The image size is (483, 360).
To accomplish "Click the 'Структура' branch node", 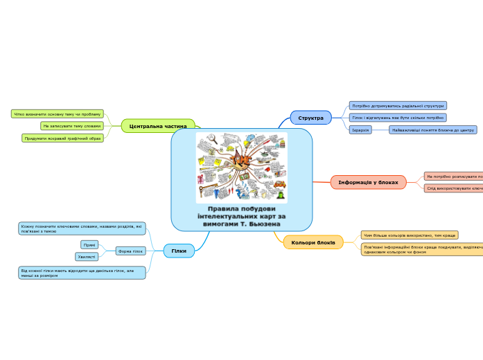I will point(310,118).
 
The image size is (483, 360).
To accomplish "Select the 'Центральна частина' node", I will point(158,126).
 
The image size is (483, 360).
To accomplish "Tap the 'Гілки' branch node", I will point(179,251).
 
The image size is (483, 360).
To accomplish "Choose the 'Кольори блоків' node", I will point(313,242).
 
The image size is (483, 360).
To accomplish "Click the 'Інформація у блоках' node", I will point(368,182).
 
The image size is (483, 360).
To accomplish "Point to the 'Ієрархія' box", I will point(360,130).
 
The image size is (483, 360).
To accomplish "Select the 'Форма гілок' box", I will point(130,251).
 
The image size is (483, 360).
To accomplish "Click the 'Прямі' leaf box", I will point(89,244).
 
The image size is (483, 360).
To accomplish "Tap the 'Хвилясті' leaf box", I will point(87,257).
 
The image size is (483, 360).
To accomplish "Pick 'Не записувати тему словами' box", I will point(71,126).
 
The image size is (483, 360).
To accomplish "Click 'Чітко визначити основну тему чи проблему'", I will point(58,114).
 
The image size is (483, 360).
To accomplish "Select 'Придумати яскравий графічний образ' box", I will point(62,138).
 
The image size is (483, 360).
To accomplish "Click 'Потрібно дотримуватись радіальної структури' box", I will point(398,106).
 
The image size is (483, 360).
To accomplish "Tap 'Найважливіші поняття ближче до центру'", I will point(432,130).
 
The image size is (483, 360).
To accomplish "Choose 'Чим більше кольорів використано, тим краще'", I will point(409,235).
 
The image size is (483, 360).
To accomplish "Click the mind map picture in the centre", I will point(241,168).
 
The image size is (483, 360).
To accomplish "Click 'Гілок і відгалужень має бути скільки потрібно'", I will point(398,118).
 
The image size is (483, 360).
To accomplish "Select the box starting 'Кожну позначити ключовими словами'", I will point(82,228).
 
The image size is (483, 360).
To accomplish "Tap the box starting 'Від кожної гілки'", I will point(82,272).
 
